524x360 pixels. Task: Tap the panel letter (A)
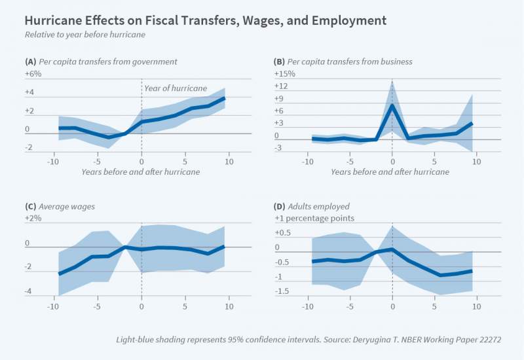point(30,62)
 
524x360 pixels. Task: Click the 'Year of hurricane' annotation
point(176,88)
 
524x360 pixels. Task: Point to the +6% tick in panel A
point(33,74)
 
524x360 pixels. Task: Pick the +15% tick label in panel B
point(284,74)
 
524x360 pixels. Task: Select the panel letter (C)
point(30,206)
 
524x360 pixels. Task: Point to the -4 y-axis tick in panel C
point(29,292)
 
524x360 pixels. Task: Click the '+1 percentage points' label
point(314,218)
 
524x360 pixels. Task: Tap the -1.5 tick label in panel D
point(282,291)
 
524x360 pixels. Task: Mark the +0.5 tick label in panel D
point(282,233)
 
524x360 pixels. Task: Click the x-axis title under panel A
point(141,171)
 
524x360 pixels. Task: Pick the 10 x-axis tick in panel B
point(476,160)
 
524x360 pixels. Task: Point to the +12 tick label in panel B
point(280,86)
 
